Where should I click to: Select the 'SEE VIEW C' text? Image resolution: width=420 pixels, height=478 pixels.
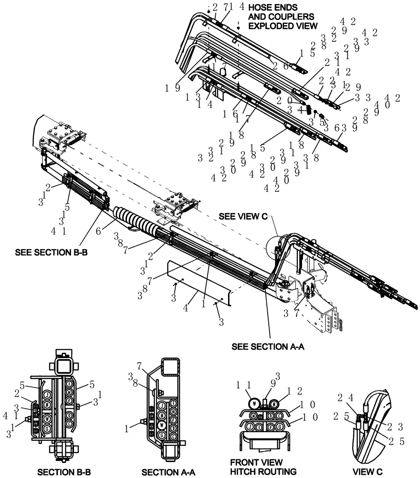click(x=242, y=216)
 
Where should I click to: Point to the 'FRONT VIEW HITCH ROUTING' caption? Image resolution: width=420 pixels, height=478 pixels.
click(x=263, y=467)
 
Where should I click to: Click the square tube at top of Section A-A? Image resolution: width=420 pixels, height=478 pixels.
click(x=170, y=368)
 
